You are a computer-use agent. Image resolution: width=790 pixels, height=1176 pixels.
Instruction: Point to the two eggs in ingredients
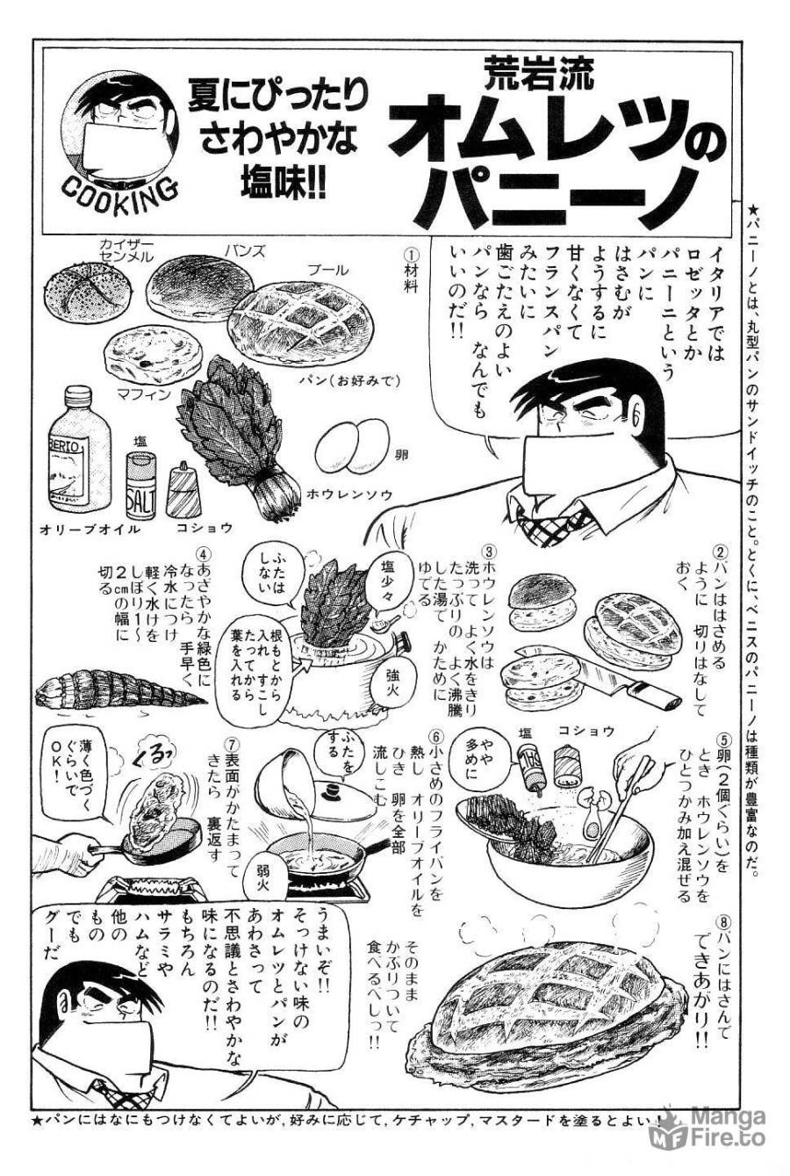pyautogui.click(x=351, y=446)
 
